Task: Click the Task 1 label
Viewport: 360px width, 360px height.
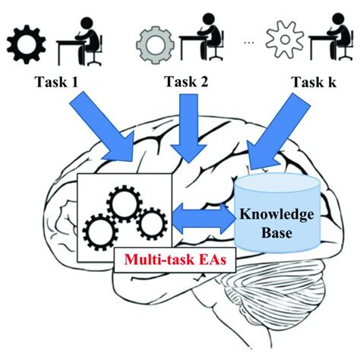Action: [57, 82]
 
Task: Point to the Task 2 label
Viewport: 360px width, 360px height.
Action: [186, 82]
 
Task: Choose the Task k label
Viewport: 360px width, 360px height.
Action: [314, 82]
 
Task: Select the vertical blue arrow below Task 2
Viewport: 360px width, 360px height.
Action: [188, 128]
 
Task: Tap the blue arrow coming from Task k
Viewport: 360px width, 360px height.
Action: [279, 131]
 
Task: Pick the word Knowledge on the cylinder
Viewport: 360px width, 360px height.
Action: [276, 214]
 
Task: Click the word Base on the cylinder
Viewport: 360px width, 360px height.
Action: [276, 232]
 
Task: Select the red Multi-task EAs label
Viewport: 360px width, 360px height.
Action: [175, 260]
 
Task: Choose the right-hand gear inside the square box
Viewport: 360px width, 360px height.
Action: [152, 224]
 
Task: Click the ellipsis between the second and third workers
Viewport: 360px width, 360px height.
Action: [248, 43]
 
